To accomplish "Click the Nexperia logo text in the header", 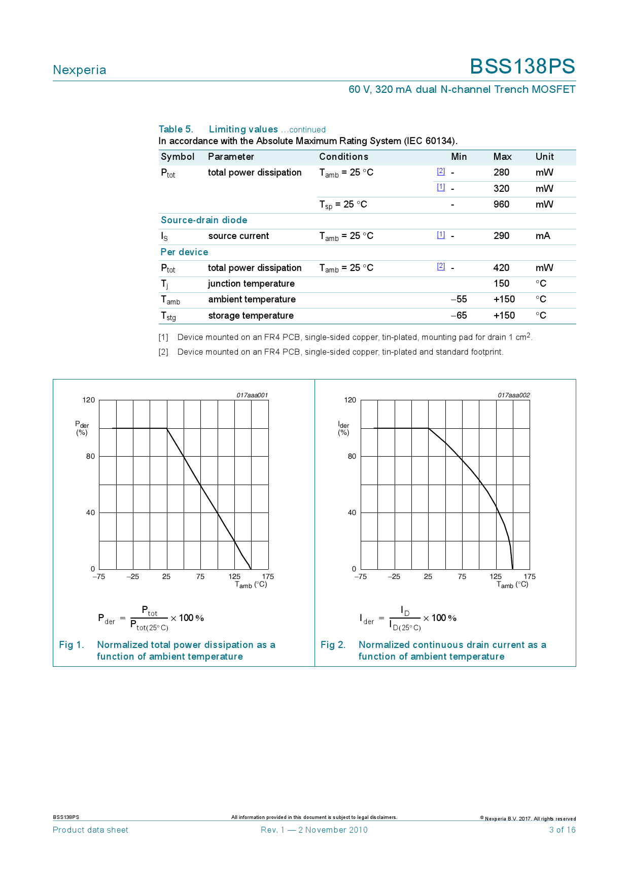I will [x=80, y=70].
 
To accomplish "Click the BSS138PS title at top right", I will [x=522, y=67].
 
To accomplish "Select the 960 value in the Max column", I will [x=501, y=204].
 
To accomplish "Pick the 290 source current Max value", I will [x=501, y=236].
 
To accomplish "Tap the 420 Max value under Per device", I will [x=501, y=268].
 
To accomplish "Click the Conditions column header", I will [x=343, y=157].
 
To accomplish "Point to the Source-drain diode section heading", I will [x=204, y=220].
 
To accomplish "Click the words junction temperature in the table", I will [x=251, y=284].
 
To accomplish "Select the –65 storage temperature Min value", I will [x=459, y=316].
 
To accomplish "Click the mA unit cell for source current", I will [x=543, y=236].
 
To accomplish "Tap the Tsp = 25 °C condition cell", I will [x=343, y=204].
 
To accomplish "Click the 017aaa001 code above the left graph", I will [x=252, y=395].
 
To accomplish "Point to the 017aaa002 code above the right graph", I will [x=513, y=395].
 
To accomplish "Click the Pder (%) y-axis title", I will [x=82, y=428].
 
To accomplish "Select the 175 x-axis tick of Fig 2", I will [x=530, y=576].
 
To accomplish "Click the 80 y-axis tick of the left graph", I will [x=90, y=456].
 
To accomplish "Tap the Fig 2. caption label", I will [x=333, y=645].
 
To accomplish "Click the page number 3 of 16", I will [x=562, y=830].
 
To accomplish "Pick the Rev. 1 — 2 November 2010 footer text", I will [x=314, y=830].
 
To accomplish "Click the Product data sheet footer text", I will [x=90, y=830].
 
